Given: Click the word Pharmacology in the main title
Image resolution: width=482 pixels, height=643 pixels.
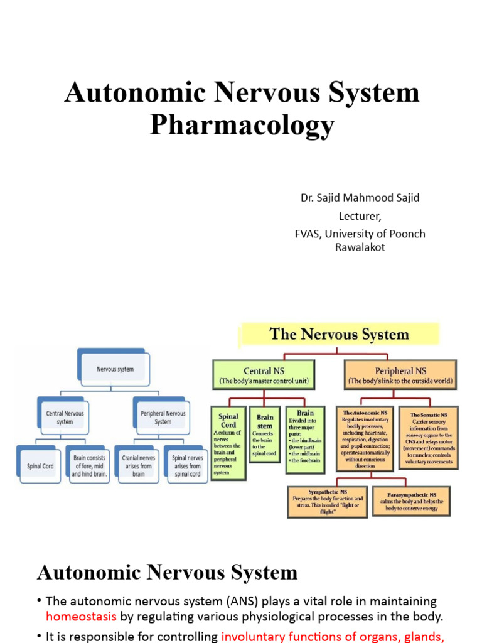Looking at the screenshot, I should (x=242, y=124).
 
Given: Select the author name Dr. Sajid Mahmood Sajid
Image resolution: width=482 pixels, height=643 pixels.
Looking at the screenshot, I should (x=360, y=198).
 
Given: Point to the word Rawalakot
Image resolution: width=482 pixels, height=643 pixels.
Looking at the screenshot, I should (x=360, y=247).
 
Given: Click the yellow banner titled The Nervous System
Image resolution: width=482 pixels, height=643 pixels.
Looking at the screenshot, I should (x=339, y=334).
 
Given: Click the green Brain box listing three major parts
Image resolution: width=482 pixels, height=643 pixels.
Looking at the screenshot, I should (x=305, y=438).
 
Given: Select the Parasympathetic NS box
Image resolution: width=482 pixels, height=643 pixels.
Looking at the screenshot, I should (x=412, y=500).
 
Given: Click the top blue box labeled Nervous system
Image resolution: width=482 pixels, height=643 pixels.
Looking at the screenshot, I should (x=114, y=369).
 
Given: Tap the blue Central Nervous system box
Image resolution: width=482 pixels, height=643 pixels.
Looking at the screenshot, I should (x=65, y=417).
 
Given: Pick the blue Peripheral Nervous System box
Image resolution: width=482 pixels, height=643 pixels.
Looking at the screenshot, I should (x=163, y=417).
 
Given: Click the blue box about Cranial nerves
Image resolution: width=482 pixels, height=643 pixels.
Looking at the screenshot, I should (x=138, y=465).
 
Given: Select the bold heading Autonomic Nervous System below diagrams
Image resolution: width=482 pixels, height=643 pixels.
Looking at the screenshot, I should (x=167, y=572).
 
